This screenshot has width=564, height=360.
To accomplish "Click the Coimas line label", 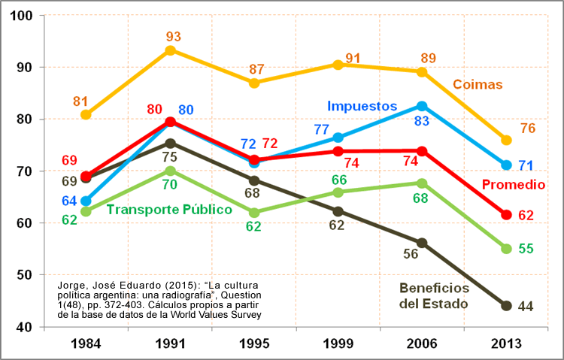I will tap(478, 84).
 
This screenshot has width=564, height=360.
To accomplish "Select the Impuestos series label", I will tap(361, 106).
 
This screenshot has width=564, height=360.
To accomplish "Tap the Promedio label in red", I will tap(513, 185).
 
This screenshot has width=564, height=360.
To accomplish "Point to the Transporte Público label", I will tap(169, 210).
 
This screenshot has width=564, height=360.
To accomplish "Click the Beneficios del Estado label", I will tap(434, 296).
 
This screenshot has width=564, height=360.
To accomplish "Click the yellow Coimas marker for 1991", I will tap(171, 50).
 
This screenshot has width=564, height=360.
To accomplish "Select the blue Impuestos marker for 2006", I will tap(422, 106).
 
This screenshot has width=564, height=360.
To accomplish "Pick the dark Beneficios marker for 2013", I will tap(506, 306).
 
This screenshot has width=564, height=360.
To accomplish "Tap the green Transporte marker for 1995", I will tap(254, 213).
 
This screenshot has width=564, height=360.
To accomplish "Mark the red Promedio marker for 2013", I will tap(506, 215).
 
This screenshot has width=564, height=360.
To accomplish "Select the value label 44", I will tap(526, 307).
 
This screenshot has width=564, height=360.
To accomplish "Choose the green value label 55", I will tap(526, 249).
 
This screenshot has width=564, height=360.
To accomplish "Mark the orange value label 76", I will tap(528, 129).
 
